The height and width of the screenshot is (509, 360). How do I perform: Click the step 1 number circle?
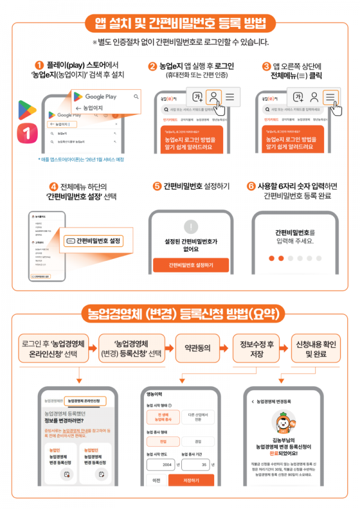(x=39, y=65)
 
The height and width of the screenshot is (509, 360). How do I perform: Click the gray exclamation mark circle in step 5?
(x=190, y=227)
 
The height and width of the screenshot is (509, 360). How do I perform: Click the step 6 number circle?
(x=251, y=186)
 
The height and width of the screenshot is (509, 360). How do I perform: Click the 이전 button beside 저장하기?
(x=156, y=480)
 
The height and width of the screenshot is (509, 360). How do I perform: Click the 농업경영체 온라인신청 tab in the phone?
(x=84, y=400)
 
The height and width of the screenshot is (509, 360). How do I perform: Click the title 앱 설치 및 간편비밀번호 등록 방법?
(x=179, y=24)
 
